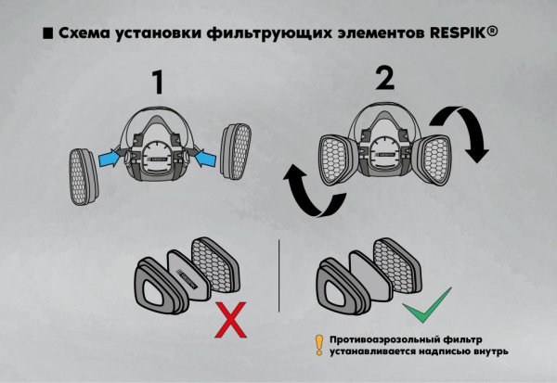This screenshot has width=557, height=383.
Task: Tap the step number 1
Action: [x=158, y=83]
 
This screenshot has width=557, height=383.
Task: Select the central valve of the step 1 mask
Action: [x=158, y=156]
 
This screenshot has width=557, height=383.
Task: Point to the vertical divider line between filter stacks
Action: [x=279, y=278]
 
